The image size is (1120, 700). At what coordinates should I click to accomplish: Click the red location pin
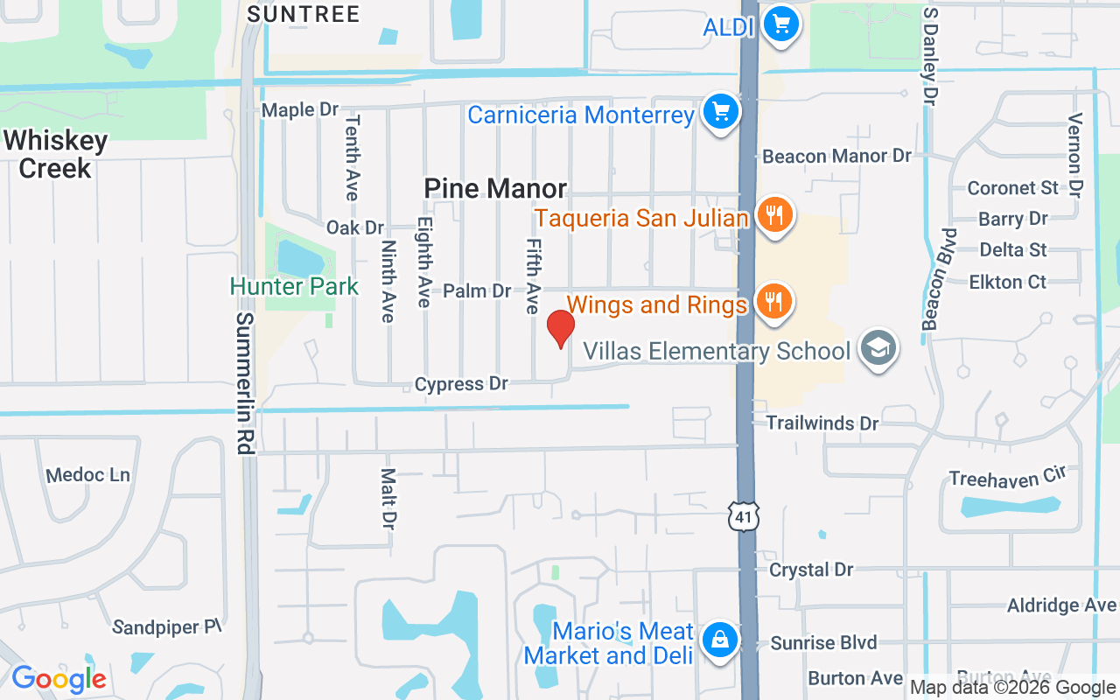(x=561, y=329)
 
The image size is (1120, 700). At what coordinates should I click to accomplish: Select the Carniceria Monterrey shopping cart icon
(x=720, y=113)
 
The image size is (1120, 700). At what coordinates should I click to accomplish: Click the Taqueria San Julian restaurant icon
(x=773, y=214)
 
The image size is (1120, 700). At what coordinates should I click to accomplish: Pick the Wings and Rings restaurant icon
(x=773, y=302)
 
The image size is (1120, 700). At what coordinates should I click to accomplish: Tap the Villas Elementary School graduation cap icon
(x=876, y=348)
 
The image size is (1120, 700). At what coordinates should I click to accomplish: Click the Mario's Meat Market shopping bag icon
(x=718, y=640)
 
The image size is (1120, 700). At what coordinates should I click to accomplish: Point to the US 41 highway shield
(x=744, y=517)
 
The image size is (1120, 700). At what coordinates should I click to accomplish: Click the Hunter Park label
(x=294, y=286)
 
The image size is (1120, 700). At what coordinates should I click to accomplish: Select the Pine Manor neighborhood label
(x=495, y=188)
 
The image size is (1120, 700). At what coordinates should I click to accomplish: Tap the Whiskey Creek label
(x=55, y=154)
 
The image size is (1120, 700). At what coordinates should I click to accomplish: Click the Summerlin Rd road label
(x=244, y=383)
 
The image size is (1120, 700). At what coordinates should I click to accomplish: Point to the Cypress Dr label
(x=461, y=384)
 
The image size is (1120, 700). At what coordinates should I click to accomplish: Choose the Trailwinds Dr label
(x=822, y=423)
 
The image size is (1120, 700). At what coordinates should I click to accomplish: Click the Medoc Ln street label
(x=87, y=475)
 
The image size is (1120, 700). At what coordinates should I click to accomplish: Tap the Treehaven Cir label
(x=1008, y=478)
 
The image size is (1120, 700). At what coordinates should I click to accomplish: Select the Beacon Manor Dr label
(x=836, y=157)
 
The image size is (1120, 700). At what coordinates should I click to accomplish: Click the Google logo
(x=59, y=678)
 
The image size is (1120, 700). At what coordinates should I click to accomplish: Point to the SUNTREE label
(x=303, y=14)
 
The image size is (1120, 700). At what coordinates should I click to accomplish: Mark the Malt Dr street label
(x=388, y=499)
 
